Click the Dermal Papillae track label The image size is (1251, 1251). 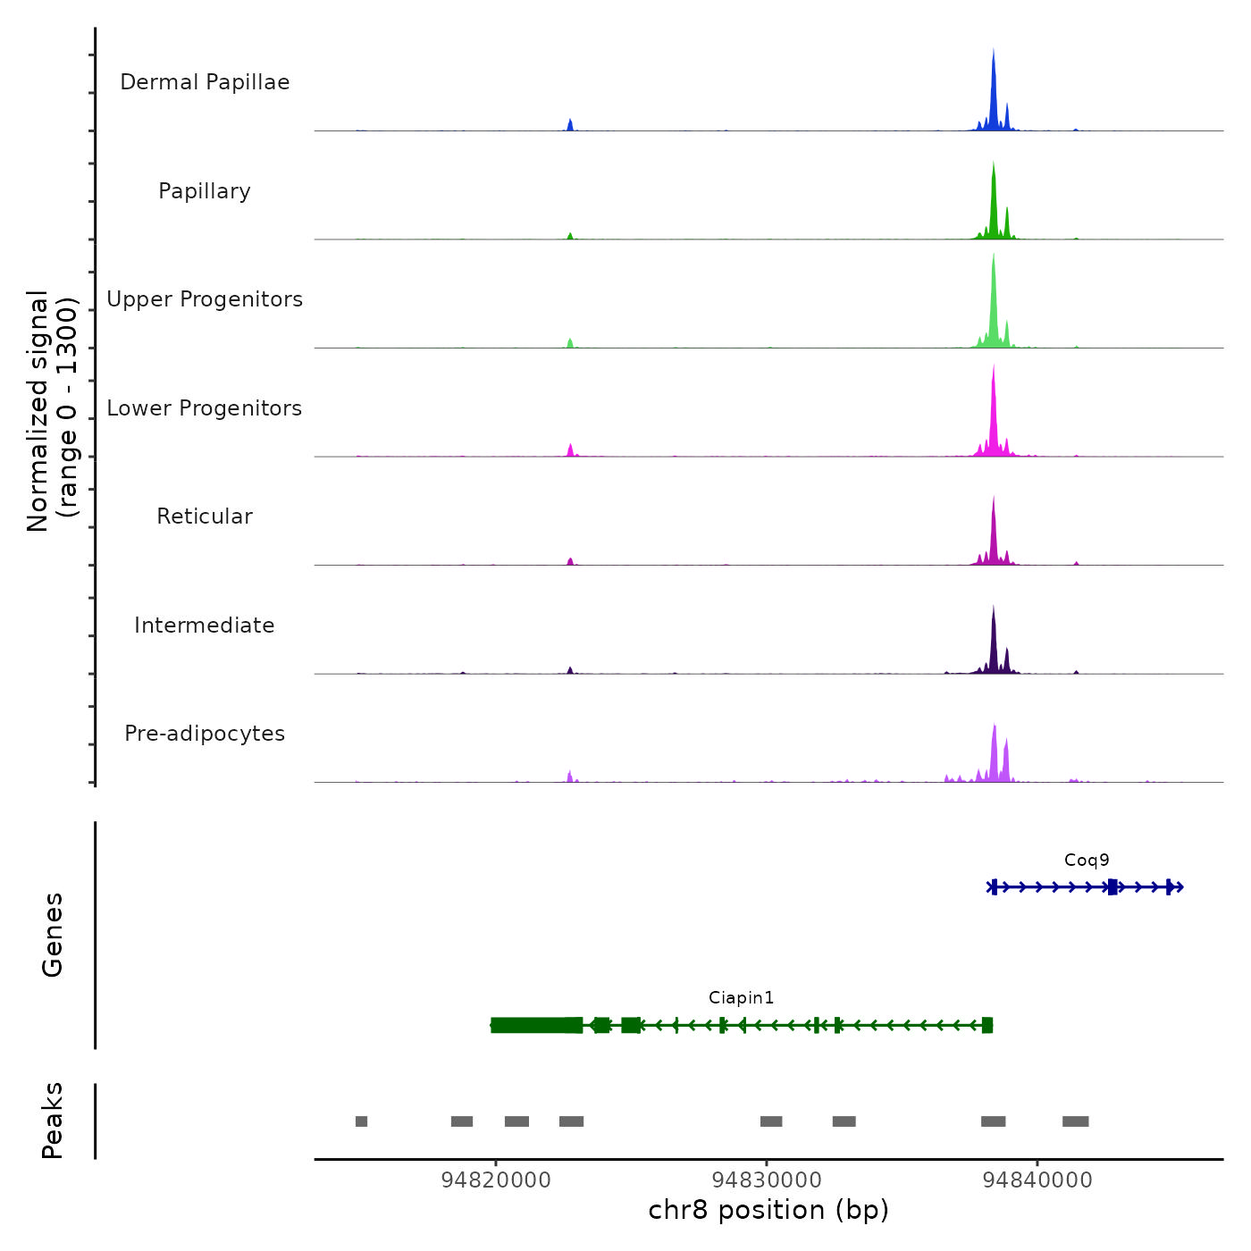[x=205, y=82]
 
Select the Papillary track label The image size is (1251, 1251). [x=205, y=191]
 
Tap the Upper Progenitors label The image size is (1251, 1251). [x=205, y=299]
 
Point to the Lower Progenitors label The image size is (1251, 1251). [x=205, y=408]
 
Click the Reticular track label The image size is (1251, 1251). [x=205, y=516]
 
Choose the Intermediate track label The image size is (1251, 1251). [x=205, y=625]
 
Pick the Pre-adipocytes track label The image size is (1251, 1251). [x=205, y=734]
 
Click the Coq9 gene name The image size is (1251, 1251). [x=1087, y=861]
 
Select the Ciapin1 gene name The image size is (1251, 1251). [x=741, y=998]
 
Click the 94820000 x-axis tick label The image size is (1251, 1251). [x=496, y=1180]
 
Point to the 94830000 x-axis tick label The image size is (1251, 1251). [x=767, y=1180]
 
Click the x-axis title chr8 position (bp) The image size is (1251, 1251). [x=768, y=1210]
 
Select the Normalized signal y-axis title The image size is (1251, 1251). [x=52, y=411]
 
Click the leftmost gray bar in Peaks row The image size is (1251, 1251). [x=361, y=1121]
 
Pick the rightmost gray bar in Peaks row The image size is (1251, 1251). [x=1075, y=1121]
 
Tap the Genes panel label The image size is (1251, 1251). [x=53, y=935]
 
